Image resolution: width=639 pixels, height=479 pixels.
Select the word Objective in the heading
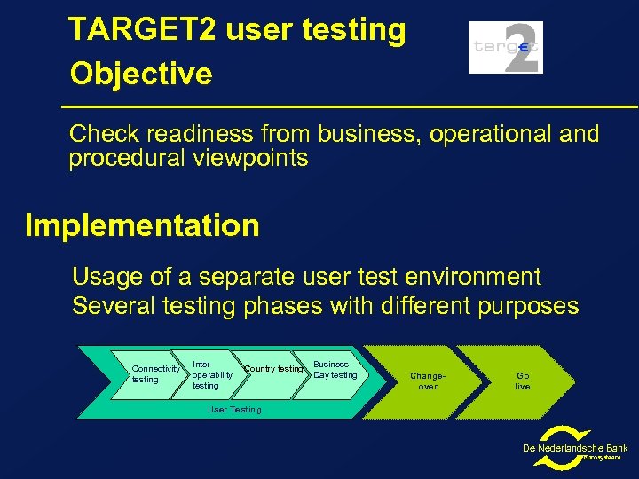point(141,74)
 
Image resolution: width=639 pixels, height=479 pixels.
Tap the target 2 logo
point(505,47)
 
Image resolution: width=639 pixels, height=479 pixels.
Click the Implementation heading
point(142,225)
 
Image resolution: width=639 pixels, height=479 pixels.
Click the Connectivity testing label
point(155,373)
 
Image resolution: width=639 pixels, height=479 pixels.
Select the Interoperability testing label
point(212,374)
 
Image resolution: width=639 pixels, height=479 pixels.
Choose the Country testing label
point(273,369)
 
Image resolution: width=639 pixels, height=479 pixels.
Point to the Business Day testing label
point(335,369)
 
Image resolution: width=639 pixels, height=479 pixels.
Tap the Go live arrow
point(523,381)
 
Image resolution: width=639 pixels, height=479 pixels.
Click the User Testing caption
point(234,410)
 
